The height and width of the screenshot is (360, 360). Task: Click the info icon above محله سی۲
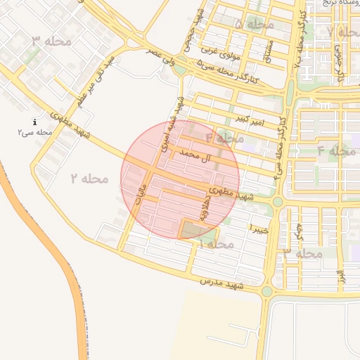click(34, 122)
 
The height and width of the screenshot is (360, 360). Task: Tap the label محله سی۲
click(36, 132)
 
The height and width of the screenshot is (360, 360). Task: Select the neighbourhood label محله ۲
click(89, 179)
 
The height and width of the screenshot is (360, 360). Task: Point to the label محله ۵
click(254, 25)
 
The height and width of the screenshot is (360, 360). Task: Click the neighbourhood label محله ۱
click(217, 243)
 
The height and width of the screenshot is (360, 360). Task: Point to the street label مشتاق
click(267, 48)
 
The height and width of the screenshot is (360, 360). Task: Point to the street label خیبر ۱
click(259, 229)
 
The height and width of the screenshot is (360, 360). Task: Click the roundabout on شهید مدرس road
click(266, 291)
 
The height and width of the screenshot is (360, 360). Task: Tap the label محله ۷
click(340, 32)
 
